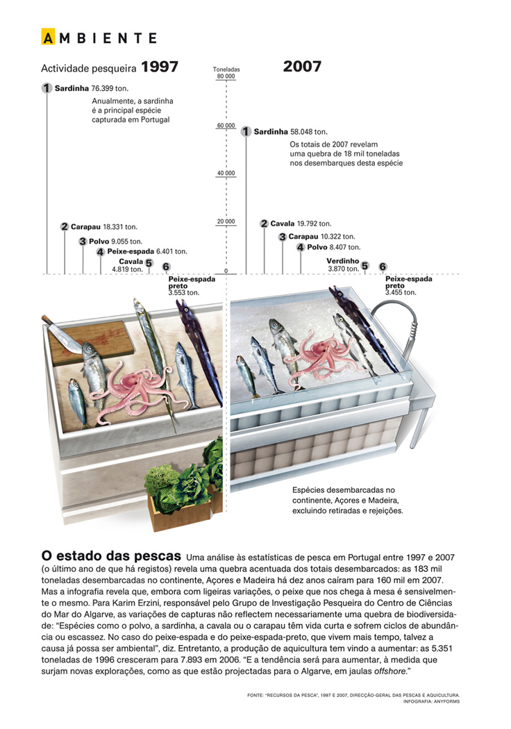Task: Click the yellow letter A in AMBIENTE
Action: pyautogui.click(x=48, y=37)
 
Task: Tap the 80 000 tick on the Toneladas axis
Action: pyautogui.click(x=226, y=76)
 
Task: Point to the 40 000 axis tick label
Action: pyautogui.click(x=226, y=173)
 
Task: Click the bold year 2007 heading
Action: pyautogui.click(x=302, y=67)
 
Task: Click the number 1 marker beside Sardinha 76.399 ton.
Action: pyautogui.click(x=47, y=88)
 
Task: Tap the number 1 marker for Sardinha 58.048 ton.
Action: pyautogui.click(x=246, y=131)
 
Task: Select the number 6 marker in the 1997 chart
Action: pyautogui.click(x=166, y=266)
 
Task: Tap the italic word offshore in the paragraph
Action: pyautogui.click(x=385, y=674)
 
